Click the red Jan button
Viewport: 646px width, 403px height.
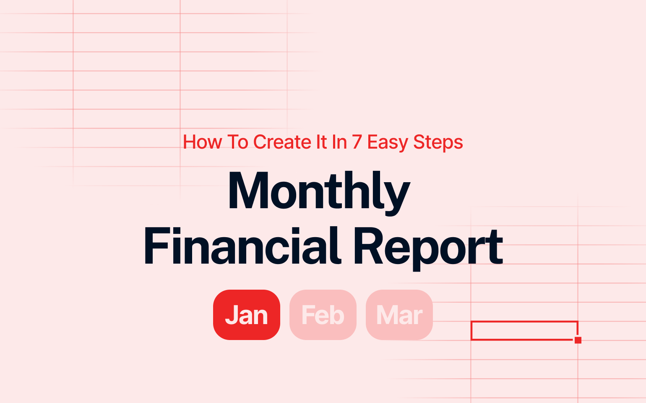coord(247,315)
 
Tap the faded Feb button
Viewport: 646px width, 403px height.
coord(323,315)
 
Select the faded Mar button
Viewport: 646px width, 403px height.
coord(399,315)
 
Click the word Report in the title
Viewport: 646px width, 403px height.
coord(429,248)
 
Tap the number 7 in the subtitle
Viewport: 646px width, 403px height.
coord(357,142)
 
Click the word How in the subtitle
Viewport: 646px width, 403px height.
coord(203,142)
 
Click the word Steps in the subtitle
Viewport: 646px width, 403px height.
coord(438,143)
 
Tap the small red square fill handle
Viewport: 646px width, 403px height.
coord(578,340)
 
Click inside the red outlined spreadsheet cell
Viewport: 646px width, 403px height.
coord(524,330)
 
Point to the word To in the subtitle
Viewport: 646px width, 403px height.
coord(237,142)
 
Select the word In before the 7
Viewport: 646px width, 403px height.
coord(339,142)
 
